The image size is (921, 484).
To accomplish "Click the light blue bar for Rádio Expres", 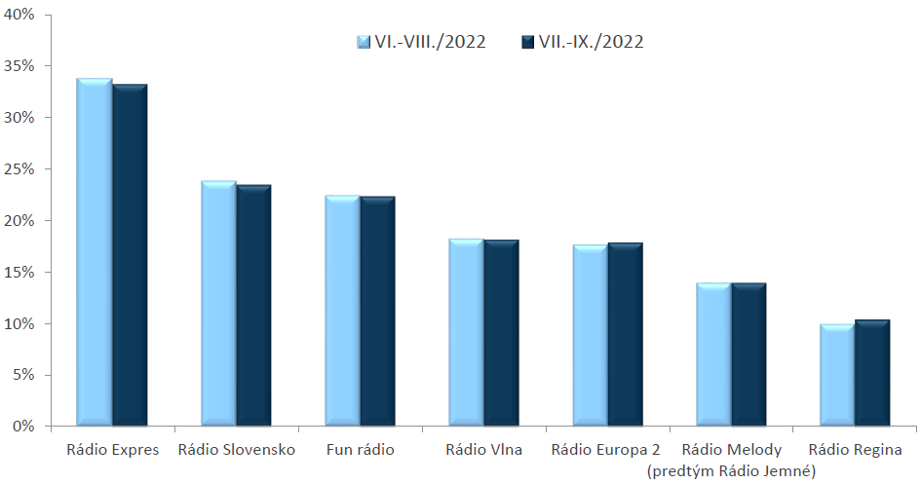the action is pos(95,251).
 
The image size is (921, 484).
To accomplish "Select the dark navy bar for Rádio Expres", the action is pos(130,254).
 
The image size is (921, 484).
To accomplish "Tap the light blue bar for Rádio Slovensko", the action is pos(218,303).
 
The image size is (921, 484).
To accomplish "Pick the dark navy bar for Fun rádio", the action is pos(378,311).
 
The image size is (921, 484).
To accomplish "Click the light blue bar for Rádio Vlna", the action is pos(467,332).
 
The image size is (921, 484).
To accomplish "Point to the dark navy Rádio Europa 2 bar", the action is pos(626,334).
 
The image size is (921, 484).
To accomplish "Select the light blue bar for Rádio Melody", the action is pos(714,354).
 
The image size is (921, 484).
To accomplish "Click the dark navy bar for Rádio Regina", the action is pos(873,373).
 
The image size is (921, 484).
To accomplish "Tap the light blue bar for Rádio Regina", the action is pos(838,375).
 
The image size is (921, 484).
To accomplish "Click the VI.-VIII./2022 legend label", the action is pos(431,42).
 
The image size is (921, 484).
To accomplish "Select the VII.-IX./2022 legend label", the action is pos(592,42).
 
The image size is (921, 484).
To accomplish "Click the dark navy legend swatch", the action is pos(527,42).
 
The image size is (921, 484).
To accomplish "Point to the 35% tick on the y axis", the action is pos(19,65).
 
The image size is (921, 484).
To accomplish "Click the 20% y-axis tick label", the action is pos(19,221).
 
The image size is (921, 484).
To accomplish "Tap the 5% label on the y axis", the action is pos(23,375).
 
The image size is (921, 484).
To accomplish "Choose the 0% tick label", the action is pos(23,427).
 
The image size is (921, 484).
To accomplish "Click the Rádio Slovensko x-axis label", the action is pos(237,450).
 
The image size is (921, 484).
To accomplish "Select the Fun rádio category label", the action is pos(361,450).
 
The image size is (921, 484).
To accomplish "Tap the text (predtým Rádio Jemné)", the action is pos(731,471).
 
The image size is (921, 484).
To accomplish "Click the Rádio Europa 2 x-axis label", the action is pos(605,450).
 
